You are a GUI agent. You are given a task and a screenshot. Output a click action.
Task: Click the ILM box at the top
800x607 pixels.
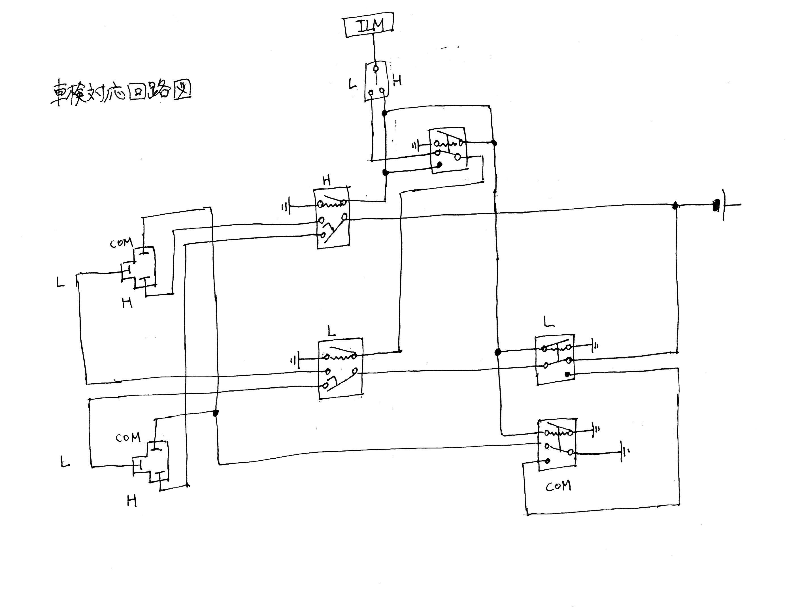click(369, 25)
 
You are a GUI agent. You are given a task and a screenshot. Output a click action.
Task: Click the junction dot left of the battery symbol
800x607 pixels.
click(675, 206)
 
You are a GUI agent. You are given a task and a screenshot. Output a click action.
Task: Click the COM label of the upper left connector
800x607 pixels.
click(121, 243)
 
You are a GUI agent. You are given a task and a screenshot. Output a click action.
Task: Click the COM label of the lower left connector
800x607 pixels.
click(128, 438)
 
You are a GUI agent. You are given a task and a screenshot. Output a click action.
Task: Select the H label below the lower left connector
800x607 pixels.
click(132, 501)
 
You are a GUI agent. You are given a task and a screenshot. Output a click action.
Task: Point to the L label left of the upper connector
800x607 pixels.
click(60, 282)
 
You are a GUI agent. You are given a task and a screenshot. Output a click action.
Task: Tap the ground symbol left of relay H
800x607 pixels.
click(286, 207)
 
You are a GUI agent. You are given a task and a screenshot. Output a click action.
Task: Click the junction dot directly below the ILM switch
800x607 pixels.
click(384, 113)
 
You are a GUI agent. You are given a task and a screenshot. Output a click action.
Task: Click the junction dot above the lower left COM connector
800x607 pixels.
click(216, 413)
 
